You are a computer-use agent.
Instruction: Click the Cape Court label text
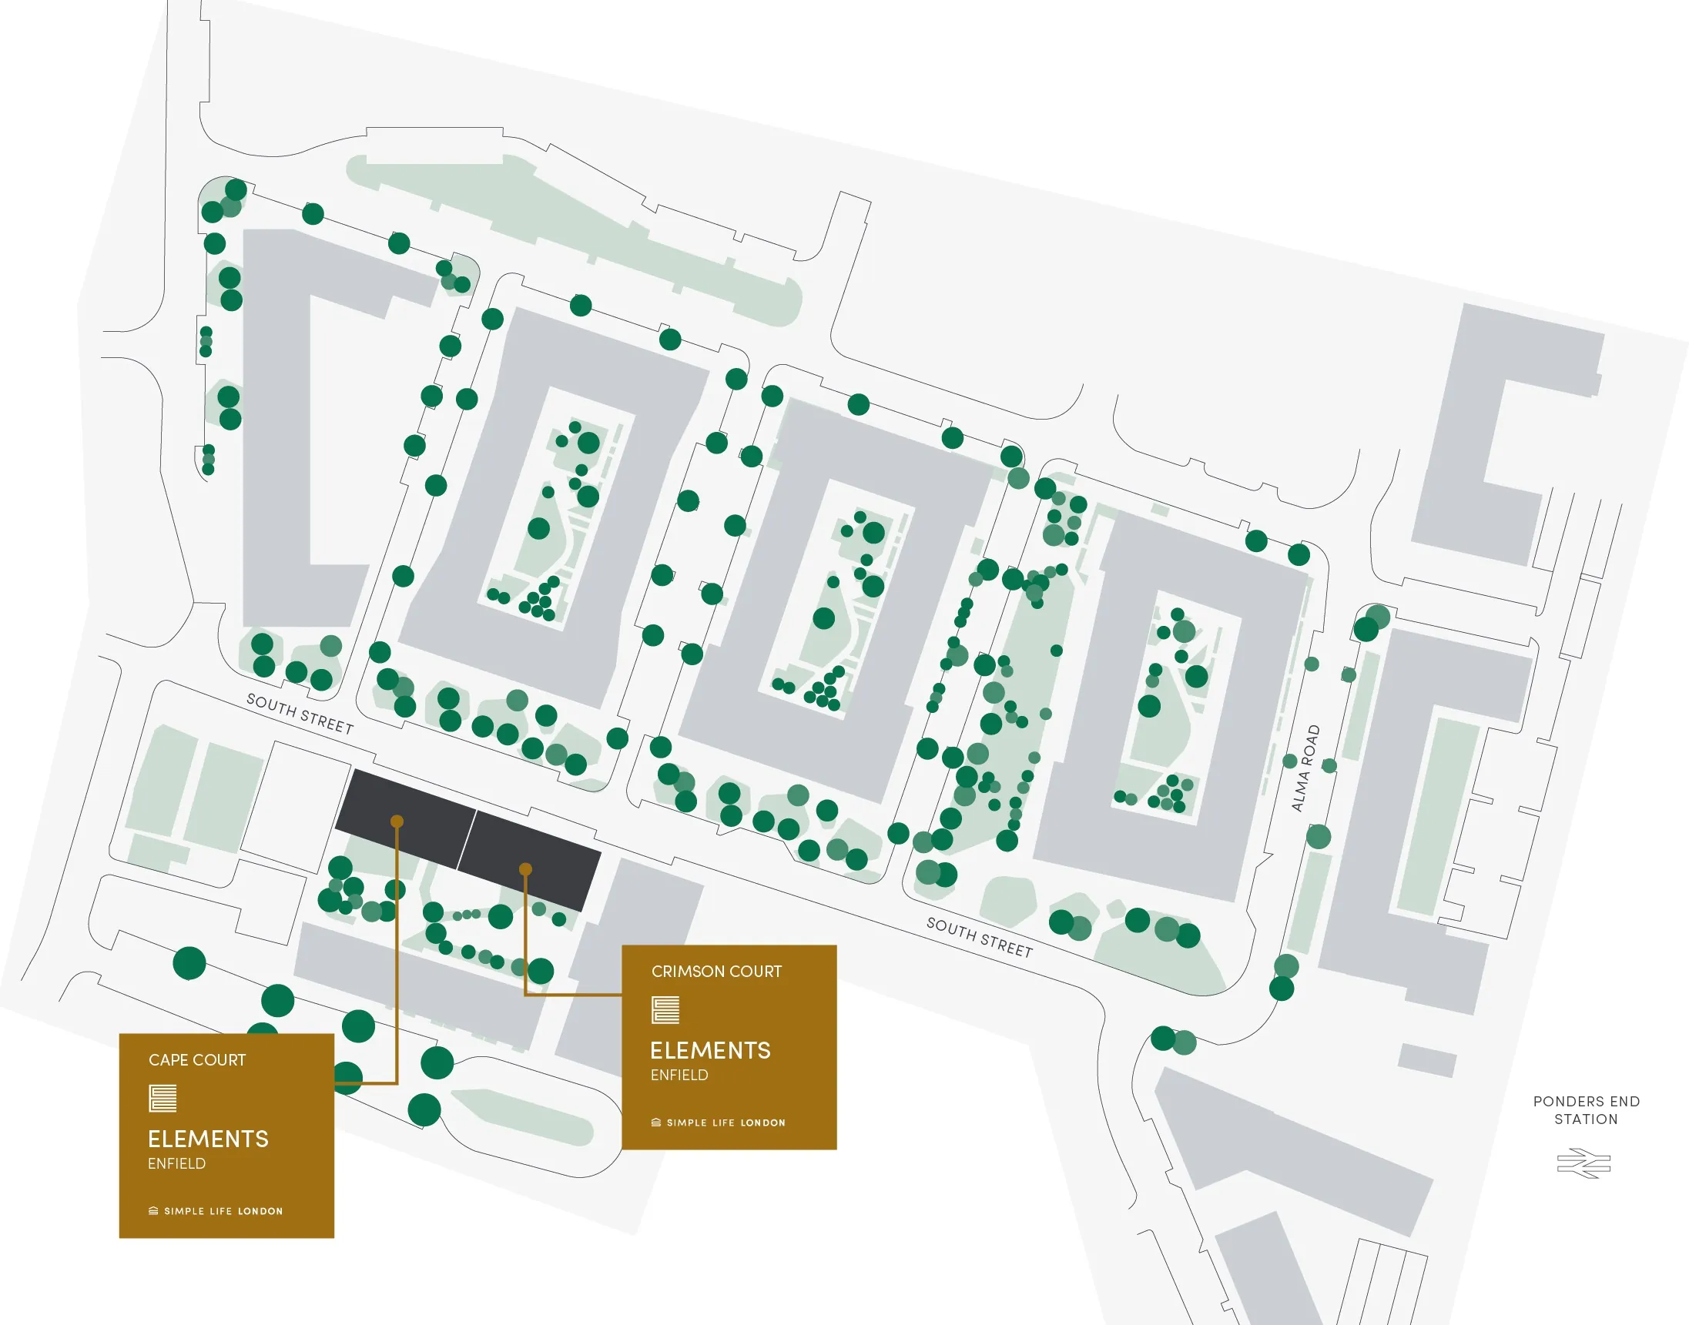[x=197, y=1059]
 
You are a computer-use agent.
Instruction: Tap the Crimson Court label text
[x=716, y=972]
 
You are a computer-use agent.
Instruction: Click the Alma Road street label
[x=1305, y=768]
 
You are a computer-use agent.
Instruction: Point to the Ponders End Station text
[x=1586, y=1110]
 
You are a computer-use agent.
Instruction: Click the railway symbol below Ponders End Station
[x=1583, y=1163]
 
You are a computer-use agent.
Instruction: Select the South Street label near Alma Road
[x=979, y=937]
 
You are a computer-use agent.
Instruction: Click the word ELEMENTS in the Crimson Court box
[x=710, y=1050]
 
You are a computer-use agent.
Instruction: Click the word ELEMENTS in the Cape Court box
[x=208, y=1139]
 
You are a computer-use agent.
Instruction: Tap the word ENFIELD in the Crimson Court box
[x=679, y=1076]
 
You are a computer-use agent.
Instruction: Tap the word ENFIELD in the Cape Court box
[x=177, y=1163]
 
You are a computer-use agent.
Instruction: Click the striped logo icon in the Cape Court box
[x=163, y=1099]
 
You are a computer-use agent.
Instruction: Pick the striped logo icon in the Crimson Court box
[x=665, y=1010]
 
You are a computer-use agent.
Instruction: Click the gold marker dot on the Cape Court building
[x=397, y=821]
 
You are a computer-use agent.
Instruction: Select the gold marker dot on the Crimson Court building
[x=525, y=869]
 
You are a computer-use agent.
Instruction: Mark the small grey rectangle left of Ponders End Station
[x=1427, y=1059]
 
